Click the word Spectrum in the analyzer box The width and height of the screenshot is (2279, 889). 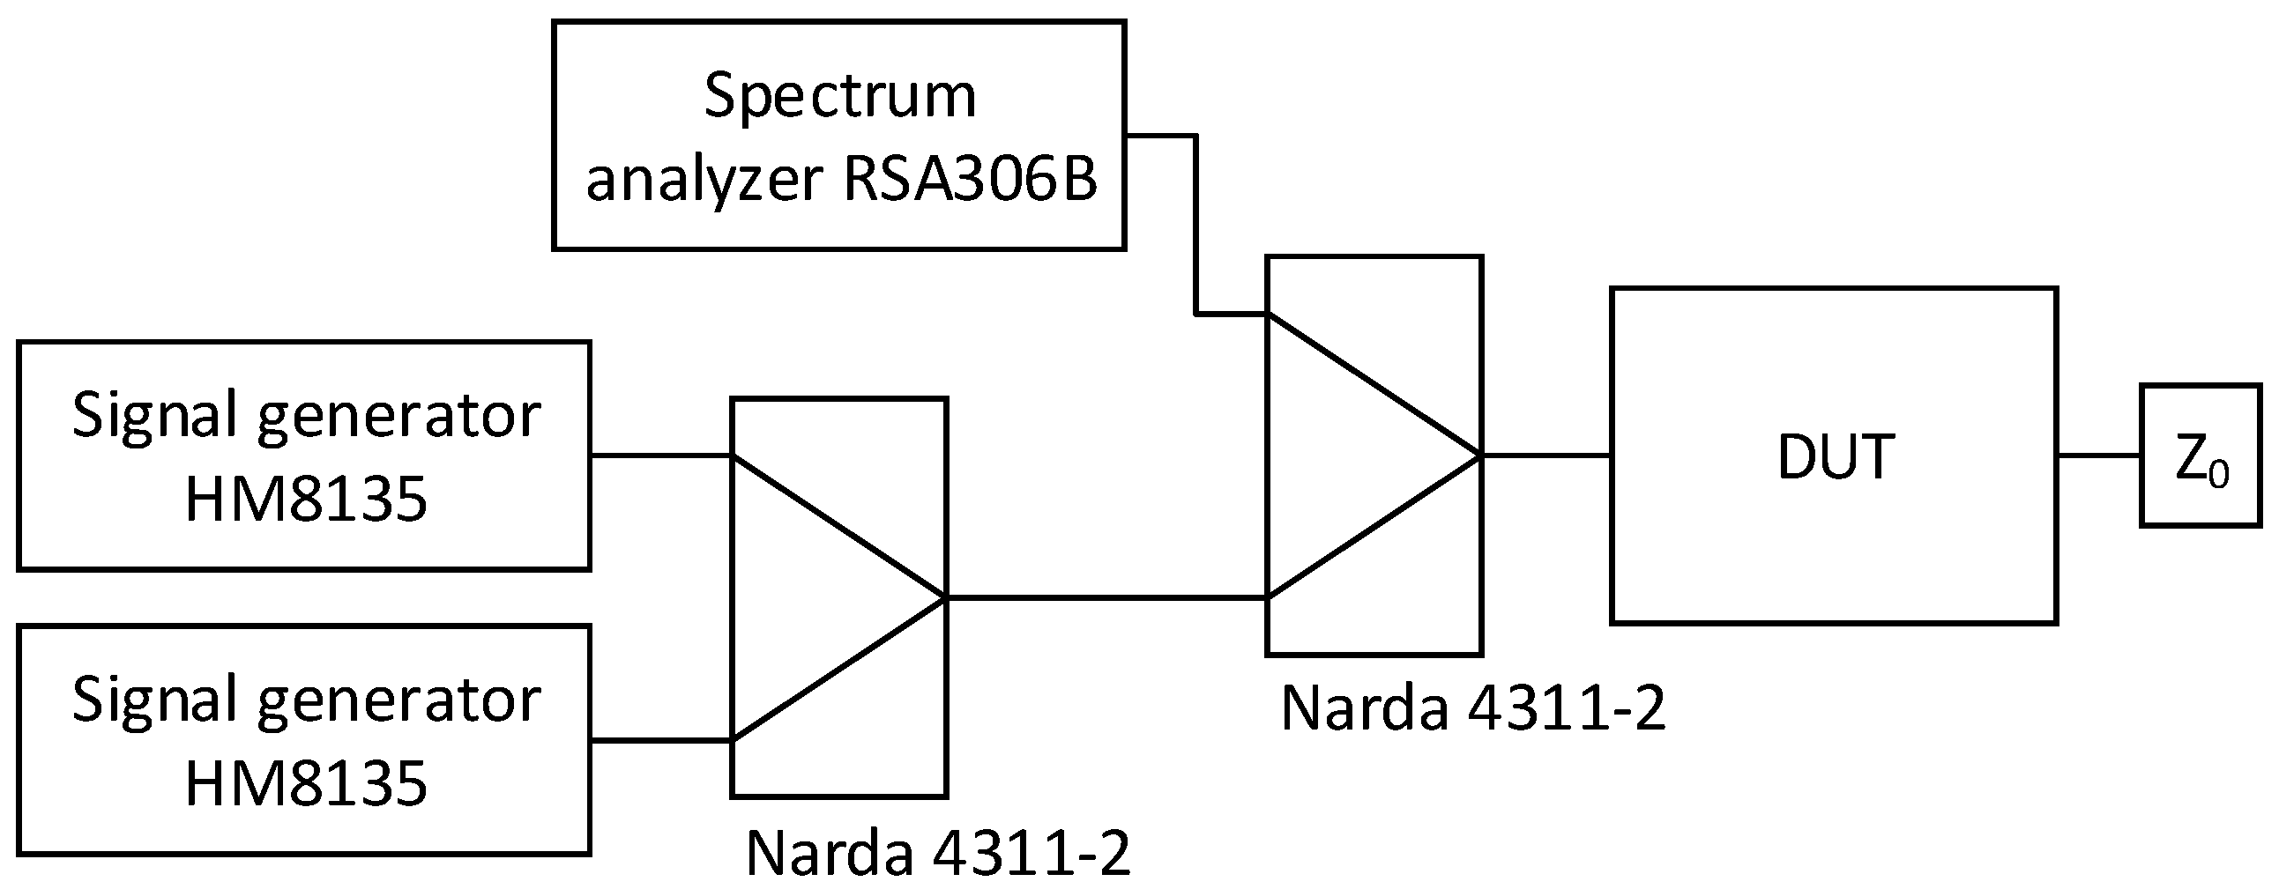pos(839,95)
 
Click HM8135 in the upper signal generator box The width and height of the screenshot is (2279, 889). pos(305,499)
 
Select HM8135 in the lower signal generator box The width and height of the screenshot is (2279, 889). pos(305,784)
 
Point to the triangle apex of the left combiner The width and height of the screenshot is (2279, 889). pos(945,599)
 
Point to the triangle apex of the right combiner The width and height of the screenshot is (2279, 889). pos(1479,456)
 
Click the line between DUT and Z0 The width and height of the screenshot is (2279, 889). pos(2098,456)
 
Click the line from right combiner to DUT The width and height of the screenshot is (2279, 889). pos(1546,456)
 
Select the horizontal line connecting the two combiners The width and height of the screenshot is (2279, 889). pos(1106,599)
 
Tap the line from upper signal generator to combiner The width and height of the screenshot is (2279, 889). pos(660,456)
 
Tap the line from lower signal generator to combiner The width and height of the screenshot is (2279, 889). pos(660,740)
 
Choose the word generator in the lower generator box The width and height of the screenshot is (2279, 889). pos(398,700)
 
